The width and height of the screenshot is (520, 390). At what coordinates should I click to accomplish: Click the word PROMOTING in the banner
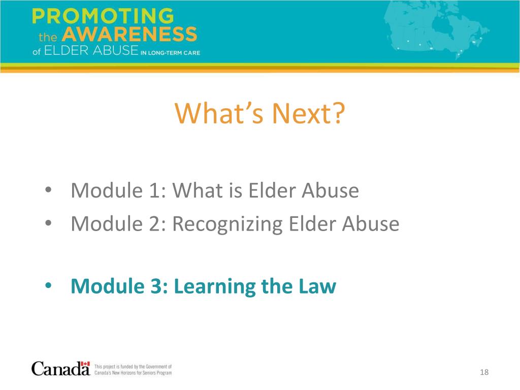tap(103, 16)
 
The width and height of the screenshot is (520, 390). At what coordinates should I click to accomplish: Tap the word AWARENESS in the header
tap(129, 34)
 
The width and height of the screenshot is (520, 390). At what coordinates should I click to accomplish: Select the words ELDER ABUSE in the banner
tap(91, 50)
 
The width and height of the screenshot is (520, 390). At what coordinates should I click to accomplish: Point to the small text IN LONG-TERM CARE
tap(171, 53)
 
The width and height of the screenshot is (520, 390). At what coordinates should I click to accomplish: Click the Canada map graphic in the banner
tap(436, 30)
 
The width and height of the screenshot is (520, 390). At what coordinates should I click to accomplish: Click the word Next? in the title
tap(308, 113)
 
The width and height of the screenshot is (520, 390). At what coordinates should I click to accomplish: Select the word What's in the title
tap(219, 113)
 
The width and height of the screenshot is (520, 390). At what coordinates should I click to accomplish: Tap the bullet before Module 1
tap(48, 190)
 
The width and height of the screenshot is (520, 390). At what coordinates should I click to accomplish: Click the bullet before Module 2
tap(48, 223)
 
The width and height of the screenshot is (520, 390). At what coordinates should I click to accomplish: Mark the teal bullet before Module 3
tap(48, 285)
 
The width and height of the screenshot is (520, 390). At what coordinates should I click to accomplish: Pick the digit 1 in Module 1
tap(154, 191)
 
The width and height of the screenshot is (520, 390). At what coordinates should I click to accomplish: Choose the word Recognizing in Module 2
tap(227, 224)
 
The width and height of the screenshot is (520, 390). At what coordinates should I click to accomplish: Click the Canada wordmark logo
tap(61, 369)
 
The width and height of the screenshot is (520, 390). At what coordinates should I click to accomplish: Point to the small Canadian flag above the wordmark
tap(85, 364)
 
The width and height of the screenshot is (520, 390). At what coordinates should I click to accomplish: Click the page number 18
tap(484, 372)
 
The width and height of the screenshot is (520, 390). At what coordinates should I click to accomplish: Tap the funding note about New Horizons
tap(133, 370)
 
